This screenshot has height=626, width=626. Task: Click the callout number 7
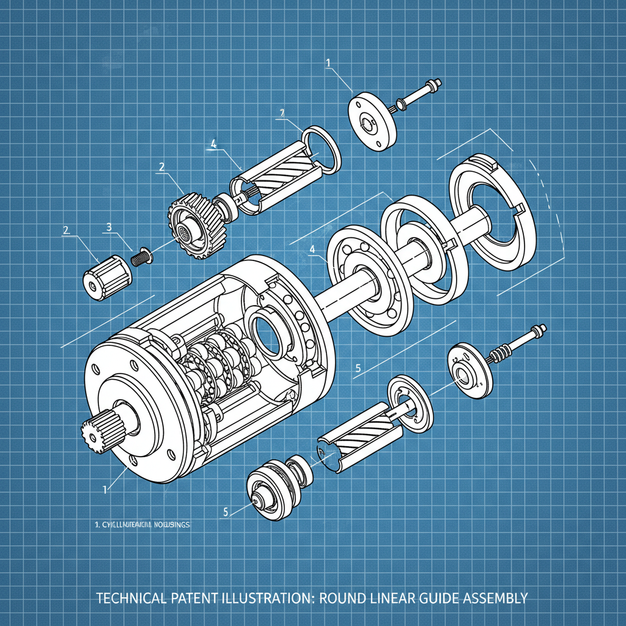click(x=282, y=112)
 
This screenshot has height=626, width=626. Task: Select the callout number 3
click(x=109, y=227)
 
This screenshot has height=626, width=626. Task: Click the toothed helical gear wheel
click(x=194, y=224)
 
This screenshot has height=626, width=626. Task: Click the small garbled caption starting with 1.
click(x=142, y=525)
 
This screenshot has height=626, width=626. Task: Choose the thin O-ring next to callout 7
click(x=323, y=149)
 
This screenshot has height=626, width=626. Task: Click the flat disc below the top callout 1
click(x=372, y=120)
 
